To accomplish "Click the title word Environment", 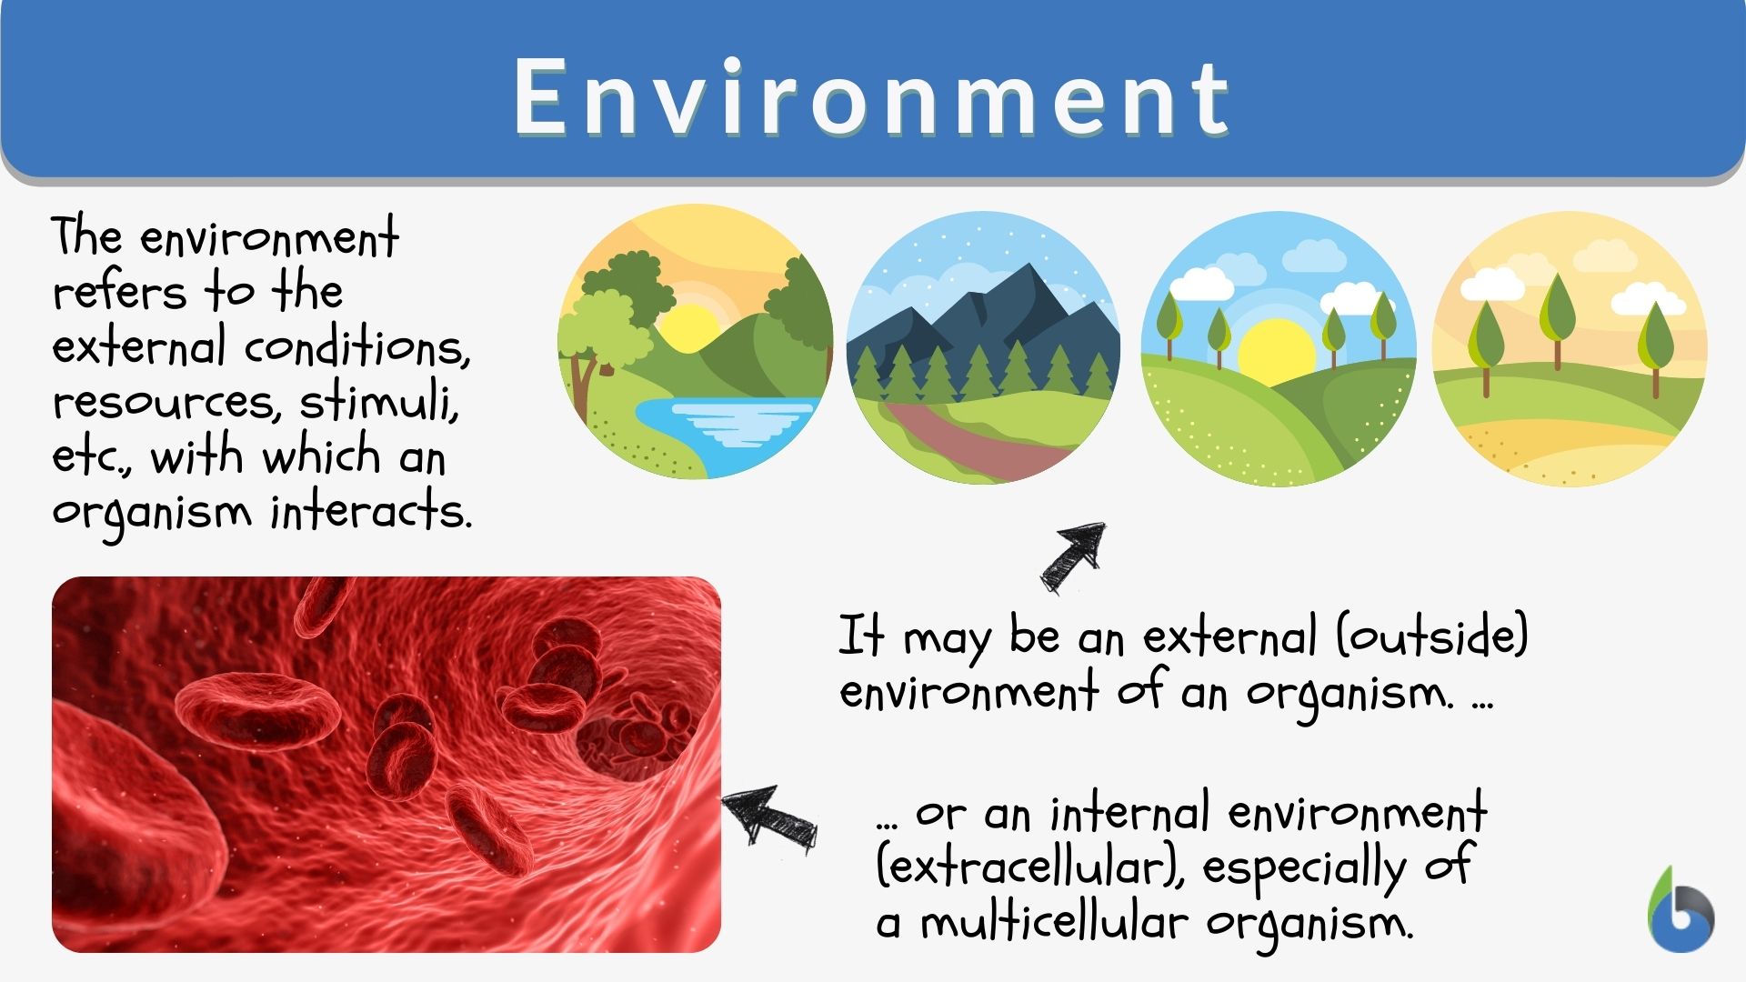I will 871,97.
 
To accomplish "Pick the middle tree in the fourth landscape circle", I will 1557,314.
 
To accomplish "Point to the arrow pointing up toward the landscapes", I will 1074,556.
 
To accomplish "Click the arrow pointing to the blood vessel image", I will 768,815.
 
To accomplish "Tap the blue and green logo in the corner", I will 1680,913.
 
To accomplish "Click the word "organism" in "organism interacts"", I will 151,513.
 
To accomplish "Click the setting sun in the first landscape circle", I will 688,327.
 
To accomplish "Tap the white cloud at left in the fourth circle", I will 1491,285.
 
